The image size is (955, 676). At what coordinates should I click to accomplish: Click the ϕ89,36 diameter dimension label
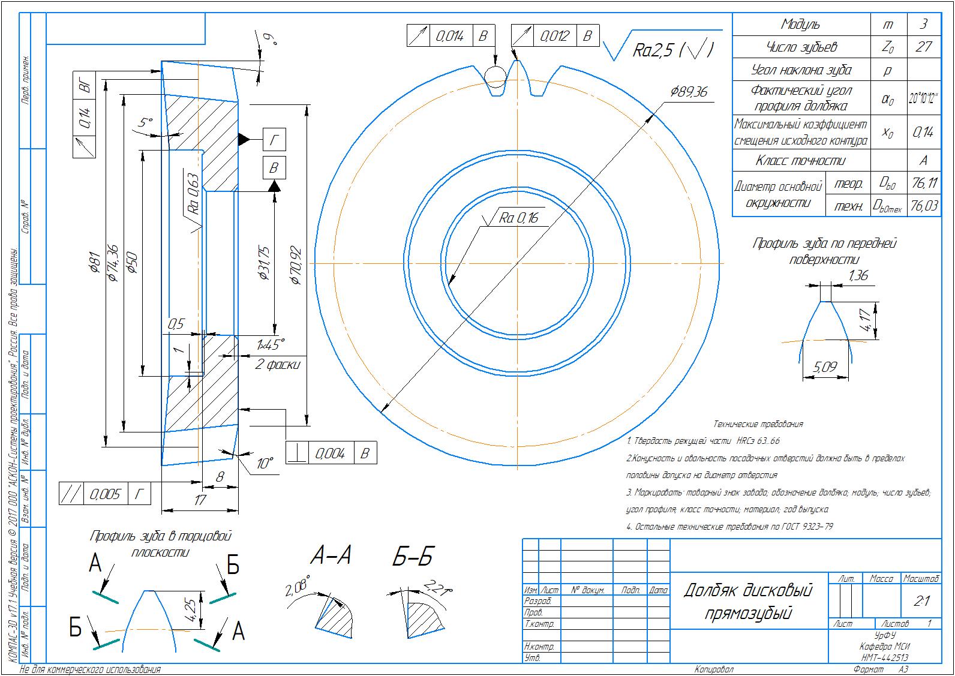(689, 92)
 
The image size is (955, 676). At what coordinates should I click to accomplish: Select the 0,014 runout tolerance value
(449, 36)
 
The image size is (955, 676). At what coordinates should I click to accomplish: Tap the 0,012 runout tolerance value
(554, 36)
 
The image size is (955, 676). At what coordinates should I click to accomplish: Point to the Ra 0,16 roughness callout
(519, 218)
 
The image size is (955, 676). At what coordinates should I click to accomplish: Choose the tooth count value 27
(923, 47)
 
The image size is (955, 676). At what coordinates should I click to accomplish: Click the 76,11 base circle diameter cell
(923, 183)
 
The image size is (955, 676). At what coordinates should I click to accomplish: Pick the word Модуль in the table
(800, 25)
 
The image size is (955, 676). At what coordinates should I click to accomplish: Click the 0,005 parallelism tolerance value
(105, 494)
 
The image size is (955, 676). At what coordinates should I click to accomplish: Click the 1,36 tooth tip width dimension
(858, 275)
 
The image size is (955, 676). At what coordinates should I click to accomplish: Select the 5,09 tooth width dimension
(825, 367)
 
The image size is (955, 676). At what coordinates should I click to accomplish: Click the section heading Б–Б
(413, 557)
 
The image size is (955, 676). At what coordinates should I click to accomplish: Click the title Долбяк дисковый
(747, 591)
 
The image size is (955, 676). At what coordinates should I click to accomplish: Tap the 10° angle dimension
(265, 464)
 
